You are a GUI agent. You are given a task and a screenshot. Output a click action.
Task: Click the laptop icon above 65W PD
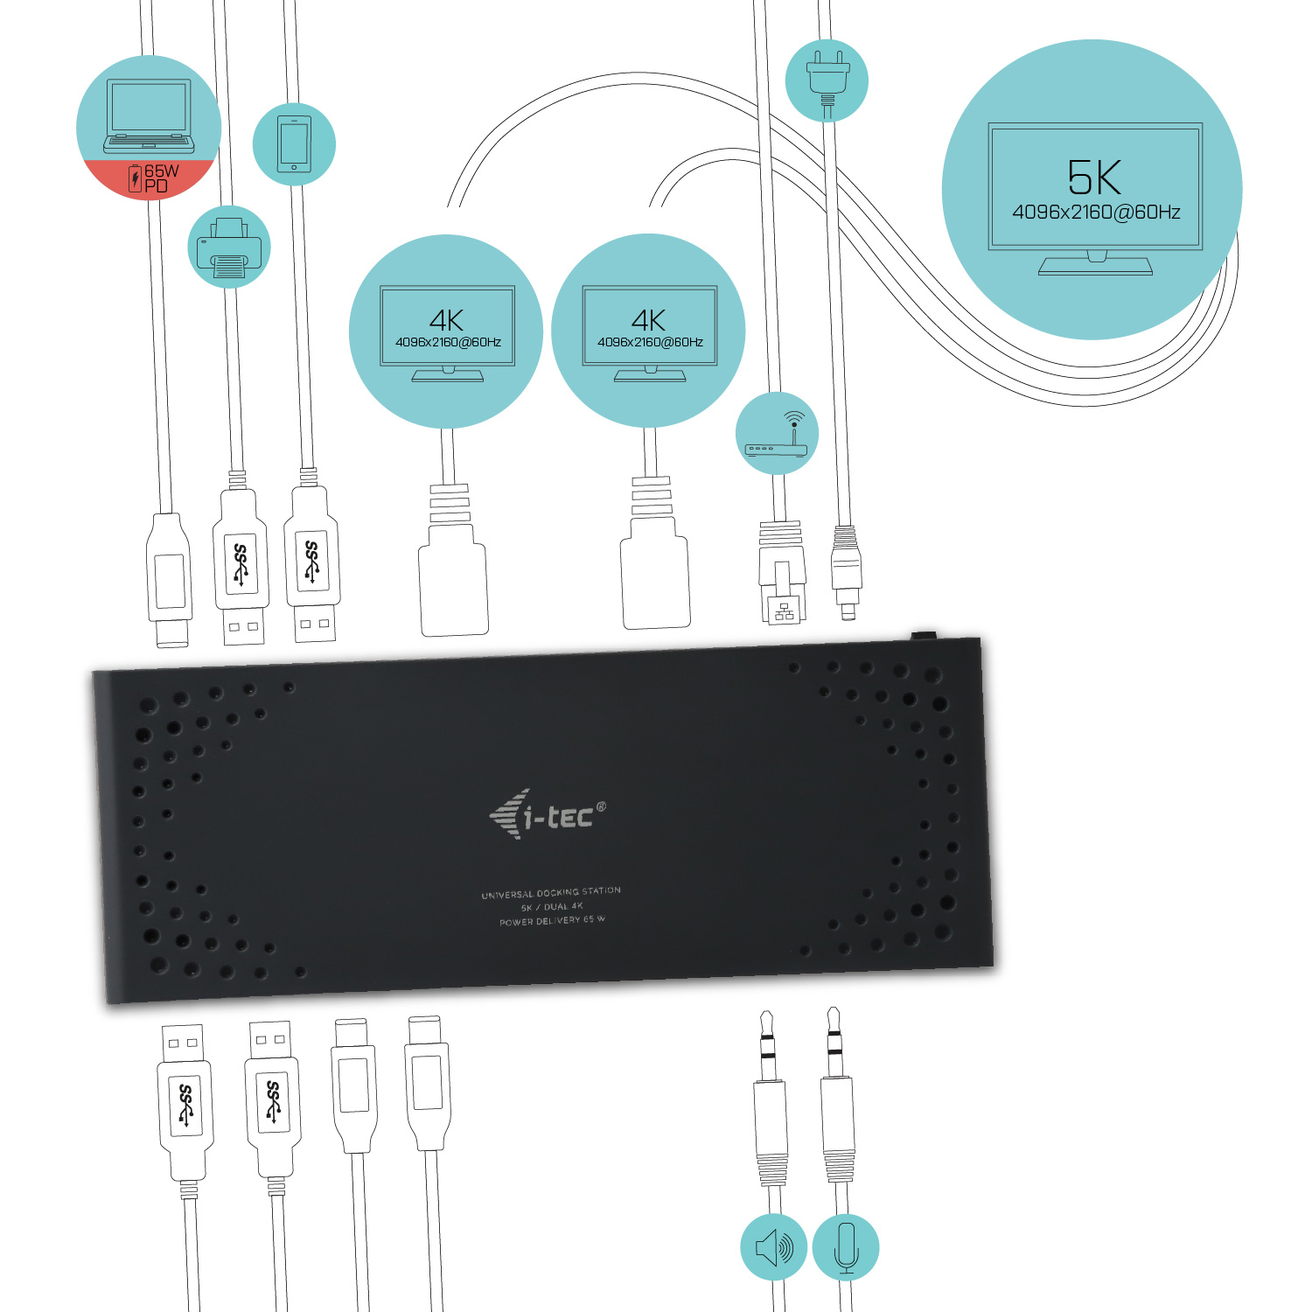pyautogui.click(x=149, y=115)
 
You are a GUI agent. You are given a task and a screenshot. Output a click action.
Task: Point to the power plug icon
pyautogui.click(x=827, y=78)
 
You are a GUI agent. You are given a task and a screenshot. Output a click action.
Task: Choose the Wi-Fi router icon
pyautogui.click(x=777, y=434)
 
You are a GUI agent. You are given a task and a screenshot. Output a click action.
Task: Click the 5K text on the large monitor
pyautogui.click(x=1093, y=178)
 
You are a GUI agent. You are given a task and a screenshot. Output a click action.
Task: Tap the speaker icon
pyautogui.click(x=774, y=1247)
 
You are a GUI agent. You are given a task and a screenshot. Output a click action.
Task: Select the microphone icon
pyautogui.click(x=846, y=1247)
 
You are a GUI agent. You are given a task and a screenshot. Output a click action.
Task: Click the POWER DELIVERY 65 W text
pyautogui.click(x=552, y=921)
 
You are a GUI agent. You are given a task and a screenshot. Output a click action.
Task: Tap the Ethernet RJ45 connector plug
pyautogui.click(x=782, y=577)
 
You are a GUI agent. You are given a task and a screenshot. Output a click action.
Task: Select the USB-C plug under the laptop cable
pyautogui.click(x=171, y=581)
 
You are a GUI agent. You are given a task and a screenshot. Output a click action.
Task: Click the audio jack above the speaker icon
pyautogui.click(x=770, y=1102)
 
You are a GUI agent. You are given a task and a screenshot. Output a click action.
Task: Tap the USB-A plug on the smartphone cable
pyautogui.click(x=312, y=564)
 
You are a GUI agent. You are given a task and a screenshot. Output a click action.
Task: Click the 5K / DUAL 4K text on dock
pyautogui.click(x=552, y=907)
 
